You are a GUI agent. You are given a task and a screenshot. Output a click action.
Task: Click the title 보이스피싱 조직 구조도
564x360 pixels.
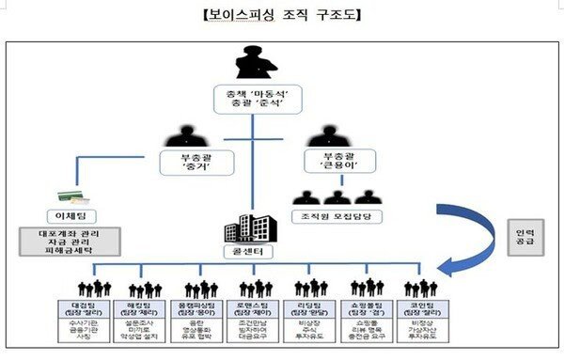tap(281, 15)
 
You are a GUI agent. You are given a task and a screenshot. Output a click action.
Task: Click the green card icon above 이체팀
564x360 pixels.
tap(70, 196)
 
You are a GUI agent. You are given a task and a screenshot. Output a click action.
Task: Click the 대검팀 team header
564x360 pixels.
tap(82, 306)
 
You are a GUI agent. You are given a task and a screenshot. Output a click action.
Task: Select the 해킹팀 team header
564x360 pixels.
tap(142, 306)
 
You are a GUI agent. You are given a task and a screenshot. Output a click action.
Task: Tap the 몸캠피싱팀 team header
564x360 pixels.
tap(200, 306)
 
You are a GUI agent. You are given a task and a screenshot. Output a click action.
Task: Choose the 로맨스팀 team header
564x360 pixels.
tap(255, 306)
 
